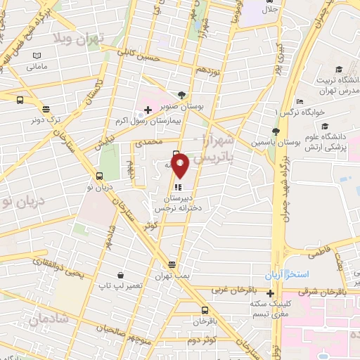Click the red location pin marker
(x=181, y=166)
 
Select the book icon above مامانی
(x=37, y=56)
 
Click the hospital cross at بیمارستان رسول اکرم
(x=148, y=110)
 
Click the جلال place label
(x=270, y=10)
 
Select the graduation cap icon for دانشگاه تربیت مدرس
(x=340, y=69)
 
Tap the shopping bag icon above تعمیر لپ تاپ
(x=122, y=275)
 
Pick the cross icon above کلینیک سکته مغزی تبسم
(x=270, y=292)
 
